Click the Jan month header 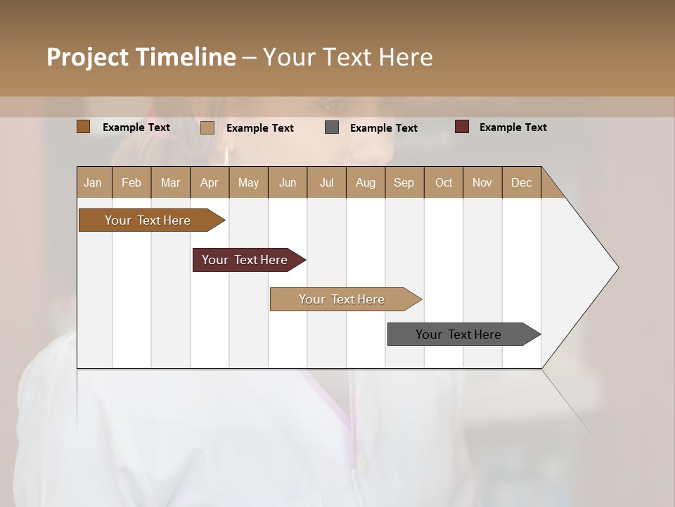click(93, 182)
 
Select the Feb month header click(131, 182)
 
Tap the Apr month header click(210, 182)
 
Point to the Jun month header click(288, 182)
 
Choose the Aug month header click(366, 182)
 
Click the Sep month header click(404, 182)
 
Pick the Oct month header click(444, 182)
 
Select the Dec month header click(522, 182)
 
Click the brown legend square click(83, 127)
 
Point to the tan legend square click(207, 127)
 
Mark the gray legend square click(332, 127)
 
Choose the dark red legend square click(461, 127)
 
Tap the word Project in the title click(88, 57)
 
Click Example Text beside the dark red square click(513, 127)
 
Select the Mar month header click(170, 182)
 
